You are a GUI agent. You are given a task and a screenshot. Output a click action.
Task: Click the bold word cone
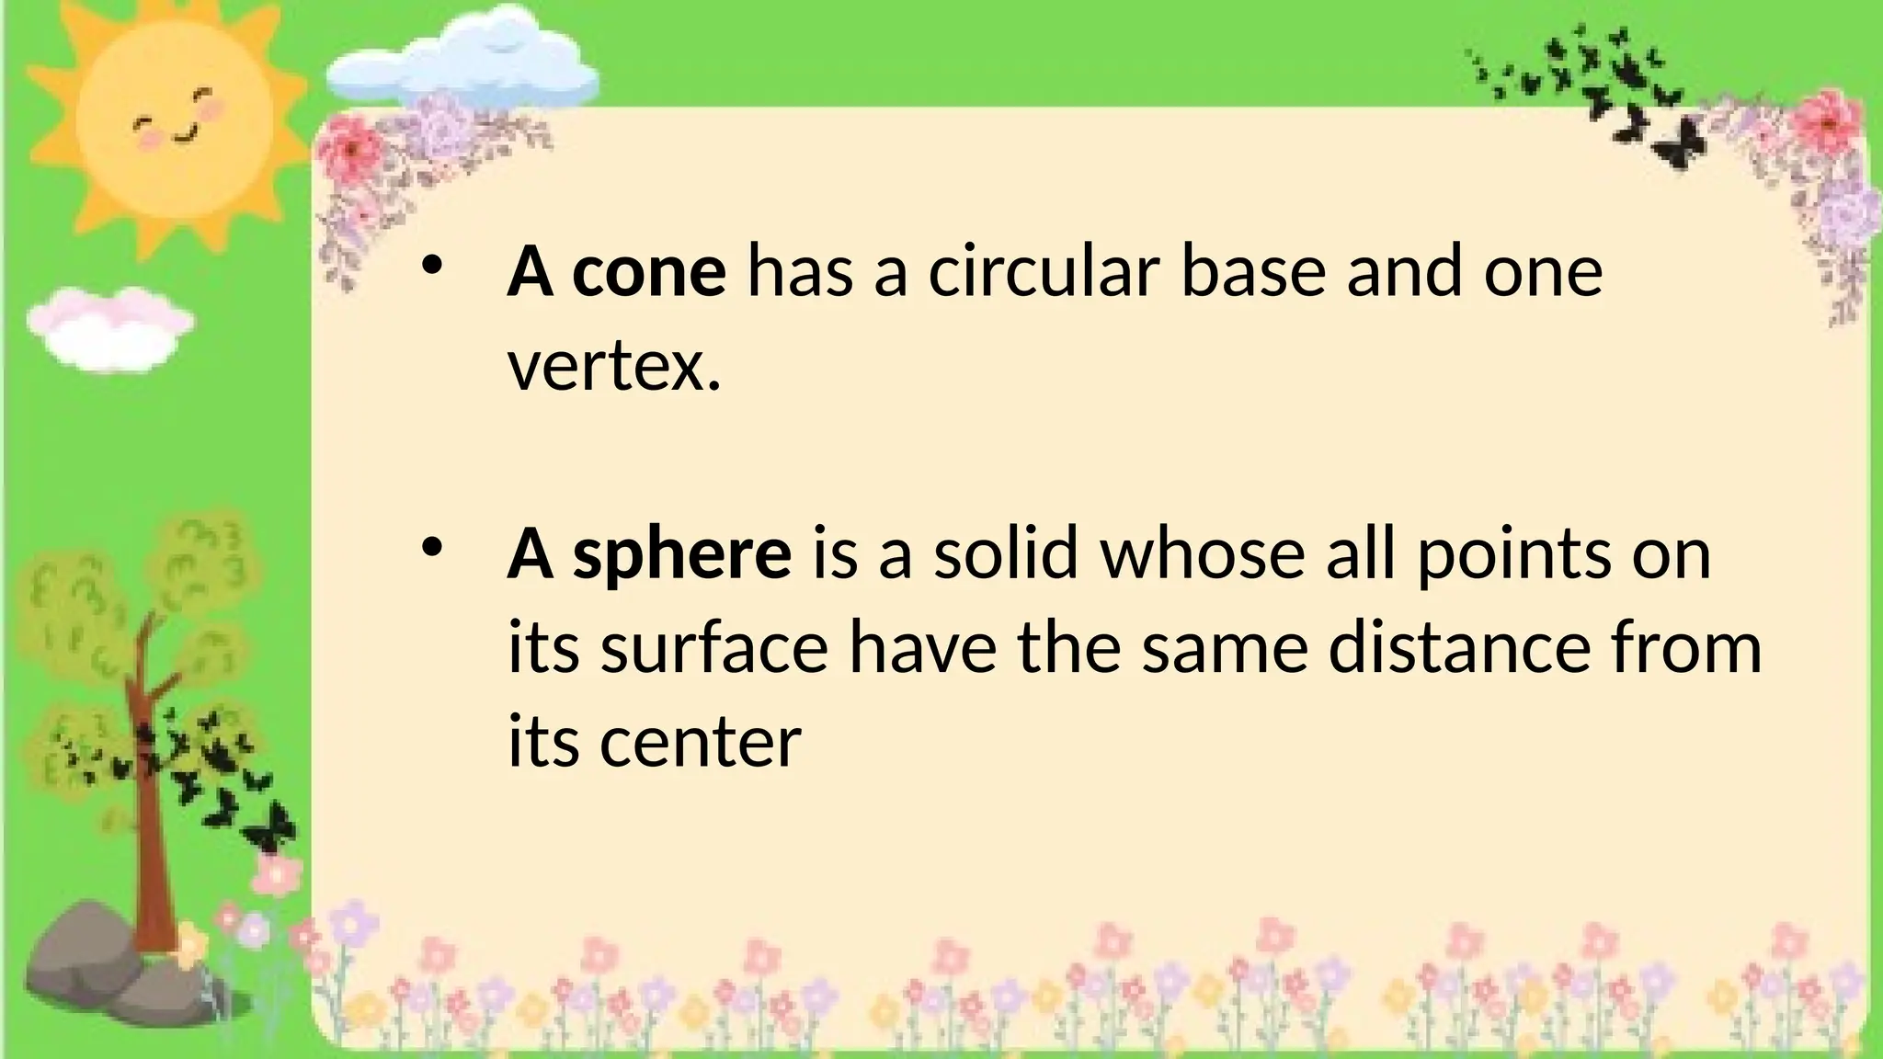pyautogui.click(x=649, y=272)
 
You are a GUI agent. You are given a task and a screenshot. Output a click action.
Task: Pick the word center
pyautogui.click(x=701, y=742)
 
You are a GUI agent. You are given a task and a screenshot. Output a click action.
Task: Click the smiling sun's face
pyautogui.click(x=175, y=120)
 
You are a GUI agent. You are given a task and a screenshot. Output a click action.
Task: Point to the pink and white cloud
pyautogui.click(x=108, y=326)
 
